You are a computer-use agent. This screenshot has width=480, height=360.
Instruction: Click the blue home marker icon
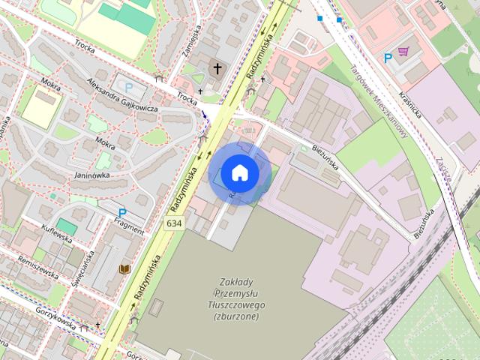click(x=239, y=173)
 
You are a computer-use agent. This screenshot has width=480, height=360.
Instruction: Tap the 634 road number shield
click(x=175, y=223)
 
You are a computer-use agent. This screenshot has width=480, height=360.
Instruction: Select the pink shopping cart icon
click(x=403, y=51)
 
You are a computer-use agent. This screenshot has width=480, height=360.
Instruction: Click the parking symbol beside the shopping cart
click(x=388, y=58)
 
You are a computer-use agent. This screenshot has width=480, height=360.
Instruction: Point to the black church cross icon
click(x=217, y=68)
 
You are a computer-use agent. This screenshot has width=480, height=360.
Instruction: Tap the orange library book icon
click(x=124, y=268)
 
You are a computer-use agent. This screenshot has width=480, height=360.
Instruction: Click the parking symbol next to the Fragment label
click(x=121, y=213)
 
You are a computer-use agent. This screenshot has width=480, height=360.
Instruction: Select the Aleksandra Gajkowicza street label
click(x=121, y=95)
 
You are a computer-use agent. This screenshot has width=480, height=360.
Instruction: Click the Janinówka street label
click(x=92, y=175)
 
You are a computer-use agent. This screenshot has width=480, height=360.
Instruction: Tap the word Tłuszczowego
click(x=237, y=305)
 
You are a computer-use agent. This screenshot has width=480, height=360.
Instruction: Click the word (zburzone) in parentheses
click(x=236, y=316)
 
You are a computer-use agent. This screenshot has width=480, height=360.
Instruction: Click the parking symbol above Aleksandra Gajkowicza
click(x=129, y=86)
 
